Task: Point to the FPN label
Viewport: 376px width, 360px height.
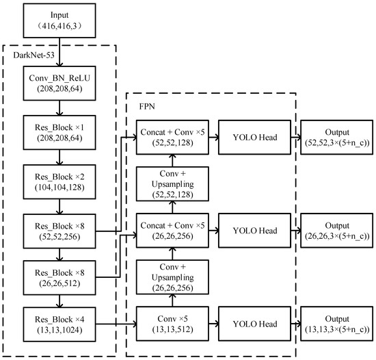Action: click(148, 106)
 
